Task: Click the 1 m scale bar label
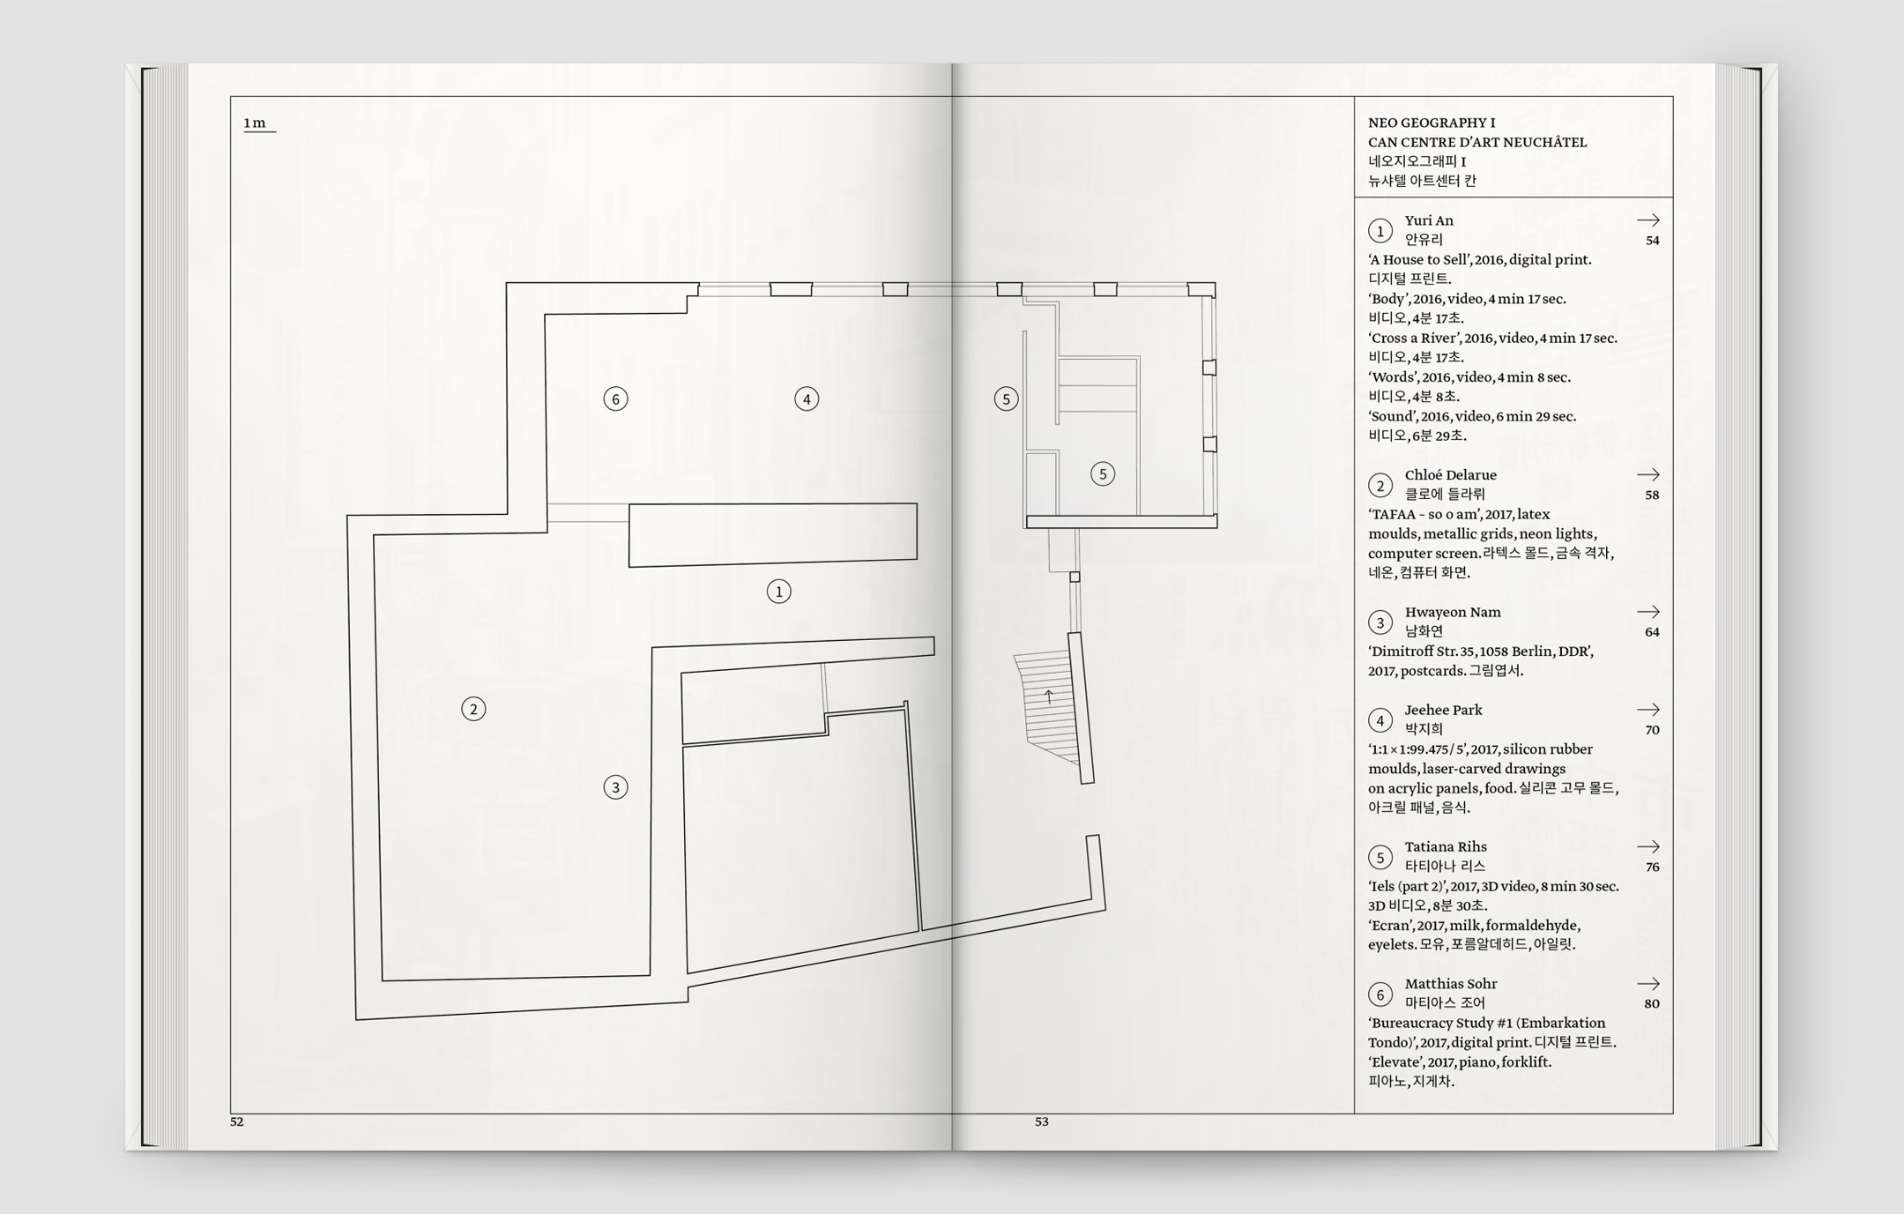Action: coord(255,123)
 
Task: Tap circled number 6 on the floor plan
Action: coord(615,399)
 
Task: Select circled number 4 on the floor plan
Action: coord(807,399)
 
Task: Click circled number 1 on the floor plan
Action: coord(778,592)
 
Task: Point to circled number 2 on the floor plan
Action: coord(473,709)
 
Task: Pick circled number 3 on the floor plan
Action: coord(615,787)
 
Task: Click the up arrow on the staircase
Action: coord(1049,696)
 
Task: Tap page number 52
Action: coord(236,1121)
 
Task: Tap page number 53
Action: coord(1042,1121)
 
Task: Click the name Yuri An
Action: coord(1429,220)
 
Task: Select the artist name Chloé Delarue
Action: coord(1450,475)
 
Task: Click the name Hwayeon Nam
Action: coord(1453,612)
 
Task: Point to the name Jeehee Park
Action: coord(1443,710)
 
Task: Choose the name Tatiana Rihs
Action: coord(1446,847)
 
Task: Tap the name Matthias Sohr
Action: coord(1451,984)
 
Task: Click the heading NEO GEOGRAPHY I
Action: coord(1432,123)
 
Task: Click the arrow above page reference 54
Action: coord(1648,220)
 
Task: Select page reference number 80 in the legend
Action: coord(1652,1003)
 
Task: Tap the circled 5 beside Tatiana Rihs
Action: coord(1380,857)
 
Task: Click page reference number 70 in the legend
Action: coord(1652,730)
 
